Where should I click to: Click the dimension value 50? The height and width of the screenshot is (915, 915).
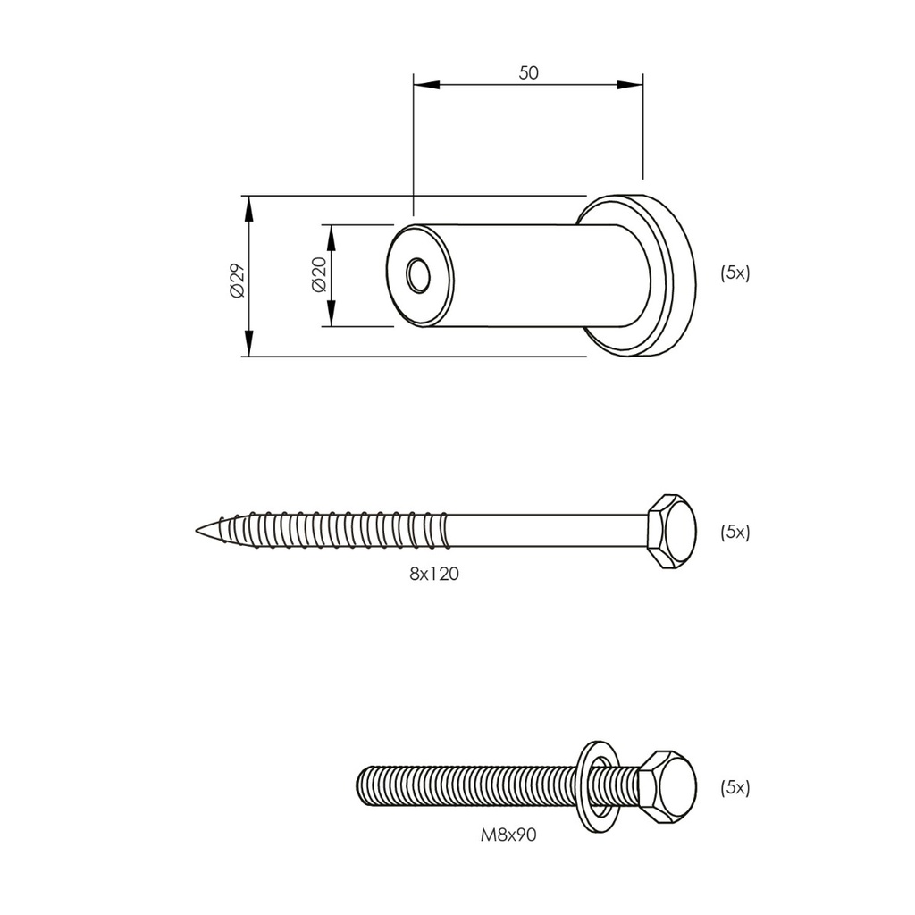(529, 73)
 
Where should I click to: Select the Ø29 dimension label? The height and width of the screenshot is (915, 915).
(237, 281)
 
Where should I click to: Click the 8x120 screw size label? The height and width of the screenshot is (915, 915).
(434, 575)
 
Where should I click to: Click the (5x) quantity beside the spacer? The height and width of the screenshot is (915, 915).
(735, 273)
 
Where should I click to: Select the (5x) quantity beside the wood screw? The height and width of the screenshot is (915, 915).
(735, 532)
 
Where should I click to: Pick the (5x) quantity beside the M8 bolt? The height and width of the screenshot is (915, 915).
(735, 787)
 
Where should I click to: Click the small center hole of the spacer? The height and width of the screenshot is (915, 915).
(417, 275)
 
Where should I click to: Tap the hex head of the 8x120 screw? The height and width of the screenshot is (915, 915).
(672, 531)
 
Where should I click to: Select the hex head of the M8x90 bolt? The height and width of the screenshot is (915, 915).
(668, 786)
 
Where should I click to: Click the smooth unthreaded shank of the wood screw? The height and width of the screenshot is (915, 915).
(545, 531)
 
